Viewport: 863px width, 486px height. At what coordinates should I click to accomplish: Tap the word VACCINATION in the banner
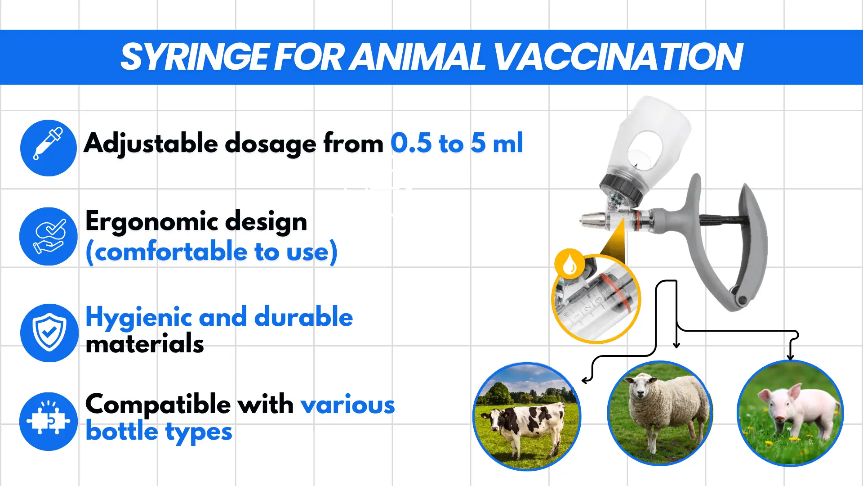point(618,57)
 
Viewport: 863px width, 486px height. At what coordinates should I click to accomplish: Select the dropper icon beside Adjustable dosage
point(49,148)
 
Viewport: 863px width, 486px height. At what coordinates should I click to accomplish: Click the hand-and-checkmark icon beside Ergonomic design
point(49,236)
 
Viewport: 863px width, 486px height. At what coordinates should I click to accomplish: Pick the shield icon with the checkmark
point(49,333)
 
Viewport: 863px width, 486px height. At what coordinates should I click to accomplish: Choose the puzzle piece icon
point(49,421)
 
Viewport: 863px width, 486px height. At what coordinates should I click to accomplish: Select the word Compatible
point(158,405)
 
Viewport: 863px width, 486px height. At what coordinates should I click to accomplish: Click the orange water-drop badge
point(569,264)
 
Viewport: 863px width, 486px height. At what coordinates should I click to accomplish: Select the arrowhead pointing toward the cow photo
point(586,380)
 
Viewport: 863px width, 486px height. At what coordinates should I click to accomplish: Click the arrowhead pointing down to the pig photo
point(791,357)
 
